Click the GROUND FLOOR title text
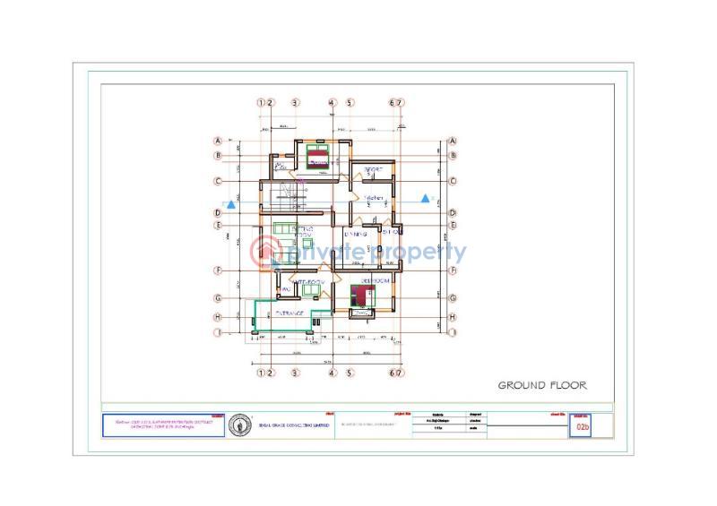pyautogui.click(x=542, y=385)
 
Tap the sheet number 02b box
pyautogui.click(x=583, y=428)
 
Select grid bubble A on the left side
pyautogui.click(x=217, y=141)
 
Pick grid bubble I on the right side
pyautogui.click(x=453, y=332)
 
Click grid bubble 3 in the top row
pyautogui.click(x=295, y=103)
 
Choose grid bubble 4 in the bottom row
pyautogui.click(x=332, y=373)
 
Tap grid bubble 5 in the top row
pyautogui.click(x=350, y=103)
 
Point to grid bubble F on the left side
pyautogui.click(x=217, y=270)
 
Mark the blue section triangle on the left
pyautogui.click(x=232, y=205)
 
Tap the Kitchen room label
pyautogui.click(x=373, y=197)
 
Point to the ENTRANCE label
pyautogui.click(x=289, y=313)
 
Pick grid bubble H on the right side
pyautogui.click(x=453, y=317)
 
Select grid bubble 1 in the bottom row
pyautogui.click(x=261, y=373)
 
